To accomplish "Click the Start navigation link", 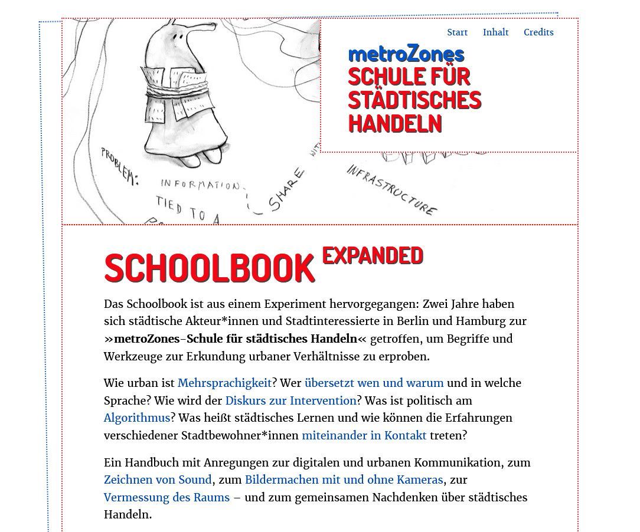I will click(x=457, y=32).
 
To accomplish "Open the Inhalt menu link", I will click(x=495, y=32).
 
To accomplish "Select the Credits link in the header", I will click(x=538, y=32).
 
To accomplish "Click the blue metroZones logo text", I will click(x=406, y=54).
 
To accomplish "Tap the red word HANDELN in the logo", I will click(x=395, y=124).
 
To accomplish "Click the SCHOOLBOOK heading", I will click(x=210, y=268).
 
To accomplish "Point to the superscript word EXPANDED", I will click(x=373, y=255).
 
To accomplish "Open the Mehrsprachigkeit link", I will click(x=224, y=383).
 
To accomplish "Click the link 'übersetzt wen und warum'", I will click(x=374, y=383).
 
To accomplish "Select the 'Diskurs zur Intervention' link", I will click(x=290, y=400).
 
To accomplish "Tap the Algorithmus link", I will click(x=137, y=418).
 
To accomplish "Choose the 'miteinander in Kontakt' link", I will click(x=364, y=435).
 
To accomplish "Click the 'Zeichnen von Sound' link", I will click(x=158, y=480).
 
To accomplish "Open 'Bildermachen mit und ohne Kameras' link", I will click(x=344, y=480).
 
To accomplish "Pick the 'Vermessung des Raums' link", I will click(x=166, y=497).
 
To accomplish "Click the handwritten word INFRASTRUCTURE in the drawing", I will click(x=392, y=189).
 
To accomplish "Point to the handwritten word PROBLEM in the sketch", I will click(x=119, y=166).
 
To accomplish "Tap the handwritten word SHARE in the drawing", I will click(x=287, y=190).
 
